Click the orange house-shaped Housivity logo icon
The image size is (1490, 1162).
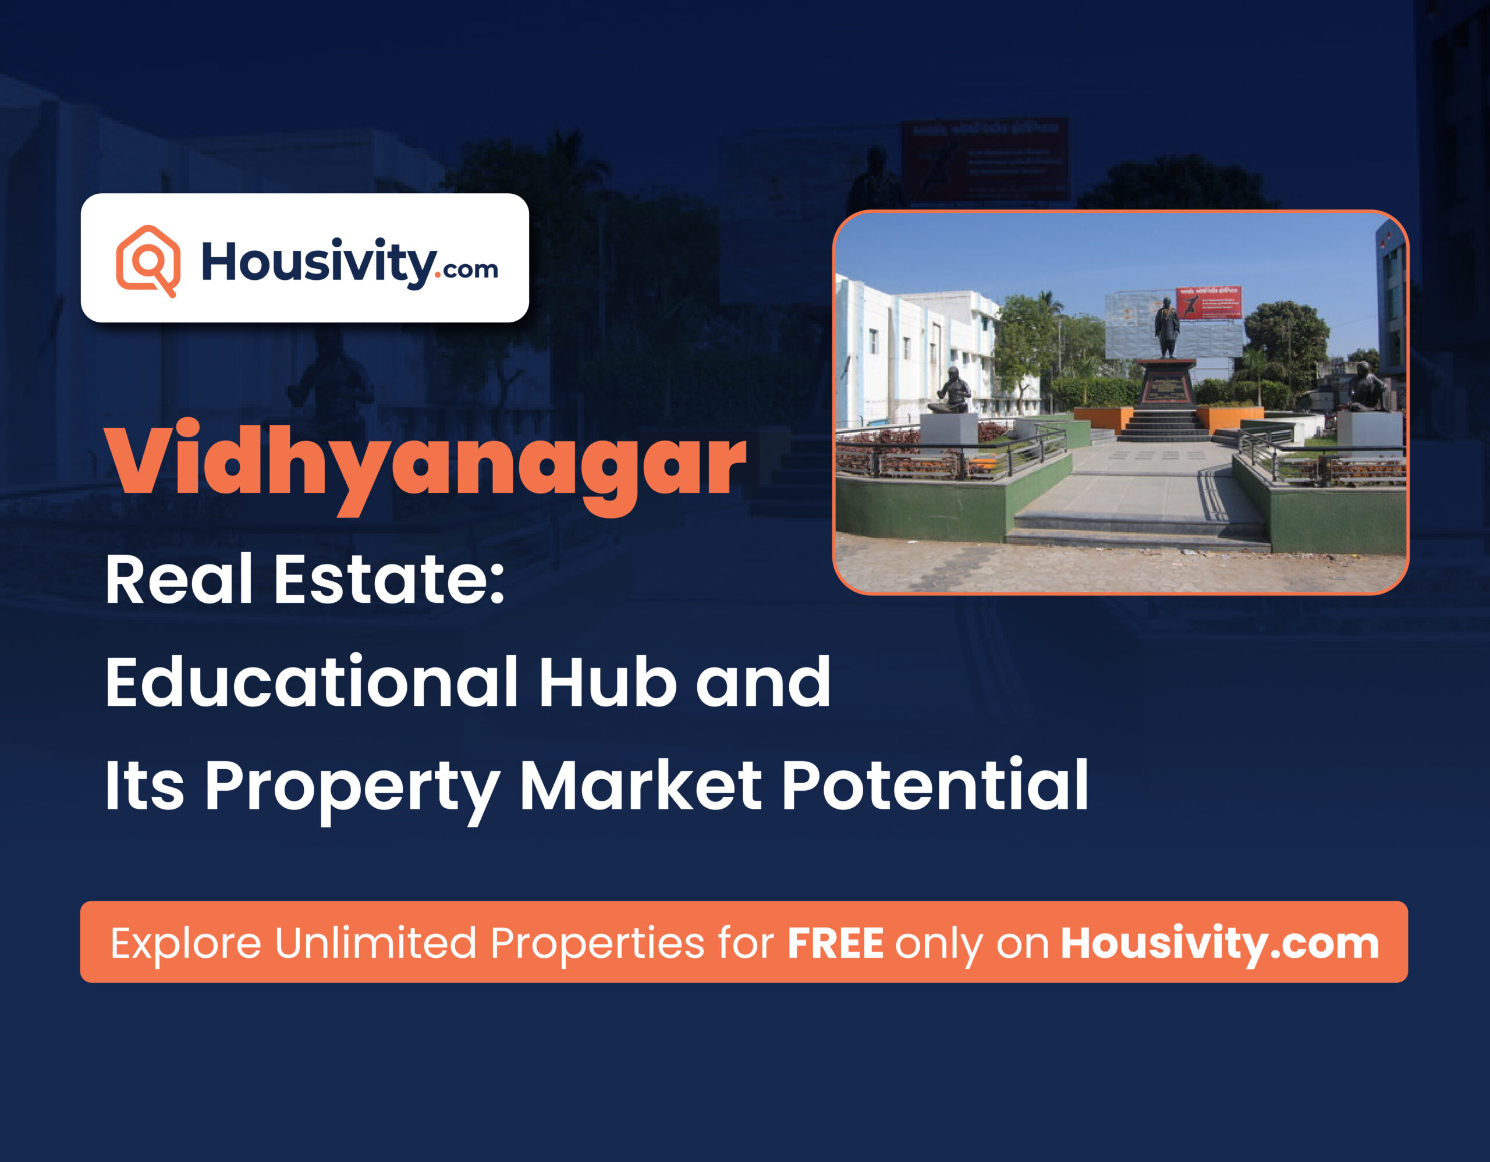click(x=148, y=261)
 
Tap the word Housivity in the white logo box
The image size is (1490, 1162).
click(x=318, y=262)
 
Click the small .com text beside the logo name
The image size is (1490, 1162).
click(x=470, y=270)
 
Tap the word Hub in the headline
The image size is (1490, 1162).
click(x=607, y=681)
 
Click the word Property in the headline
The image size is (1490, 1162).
click(x=352, y=788)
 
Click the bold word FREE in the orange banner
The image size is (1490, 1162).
click(x=835, y=943)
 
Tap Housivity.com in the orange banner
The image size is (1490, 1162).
click(x=1220, y=943)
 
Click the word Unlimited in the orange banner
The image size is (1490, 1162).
click(x=375, y=943)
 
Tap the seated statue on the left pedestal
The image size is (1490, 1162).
click(x=952, y=392)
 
